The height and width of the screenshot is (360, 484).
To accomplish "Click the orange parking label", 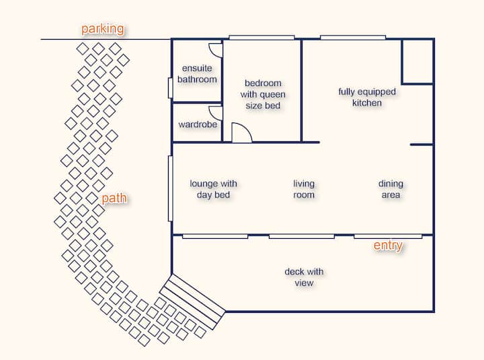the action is click(x=103, y=29).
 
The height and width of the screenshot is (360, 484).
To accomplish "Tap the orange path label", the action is click(x=114, y=198).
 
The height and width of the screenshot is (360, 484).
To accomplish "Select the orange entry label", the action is click(x=388, y=246).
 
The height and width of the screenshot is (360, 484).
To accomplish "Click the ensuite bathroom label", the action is click(x=197, y=73).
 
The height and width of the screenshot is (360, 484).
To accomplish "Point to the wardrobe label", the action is click(x=198, y=124).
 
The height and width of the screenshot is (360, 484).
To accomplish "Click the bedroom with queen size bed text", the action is click(x=263, y=94).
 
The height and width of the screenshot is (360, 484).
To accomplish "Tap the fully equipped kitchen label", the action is click(x=367, y=97).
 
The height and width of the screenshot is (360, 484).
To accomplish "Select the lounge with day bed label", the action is click(x=213, y=189).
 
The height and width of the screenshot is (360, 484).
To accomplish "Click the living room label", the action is click(x=304, y=189).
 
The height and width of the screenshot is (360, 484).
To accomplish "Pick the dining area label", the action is click(x=391, y=189).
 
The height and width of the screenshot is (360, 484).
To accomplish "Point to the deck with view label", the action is click(x=304, y=277).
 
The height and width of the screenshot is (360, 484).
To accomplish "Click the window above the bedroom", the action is click(x=261, y=38).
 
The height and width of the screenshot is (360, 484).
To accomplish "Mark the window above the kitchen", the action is click(x=353, y=38).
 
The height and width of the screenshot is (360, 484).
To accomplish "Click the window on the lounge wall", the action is click(x=170, y=188).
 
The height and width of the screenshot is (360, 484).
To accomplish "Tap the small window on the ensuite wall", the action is click(x=170, y=88).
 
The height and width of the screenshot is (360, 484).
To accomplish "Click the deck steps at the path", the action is click(x=192, y=301).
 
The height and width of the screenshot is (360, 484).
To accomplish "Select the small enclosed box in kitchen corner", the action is click(x=417, y=61).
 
